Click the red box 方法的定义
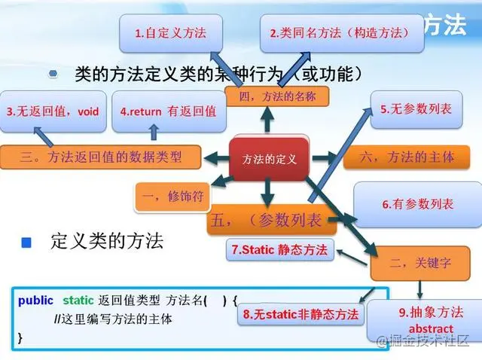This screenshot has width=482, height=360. click(x=269, y=159)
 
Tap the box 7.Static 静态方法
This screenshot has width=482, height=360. click(x=279, y=249)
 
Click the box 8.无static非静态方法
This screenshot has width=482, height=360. click(x=300, y=313)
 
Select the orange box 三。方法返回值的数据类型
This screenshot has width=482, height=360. click(x=101, y=157)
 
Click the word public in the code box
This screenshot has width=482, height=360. click(x=35, y=301)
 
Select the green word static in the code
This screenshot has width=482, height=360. click(x=78, y=301)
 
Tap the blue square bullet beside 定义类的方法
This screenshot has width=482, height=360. click(x=26, y=243)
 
